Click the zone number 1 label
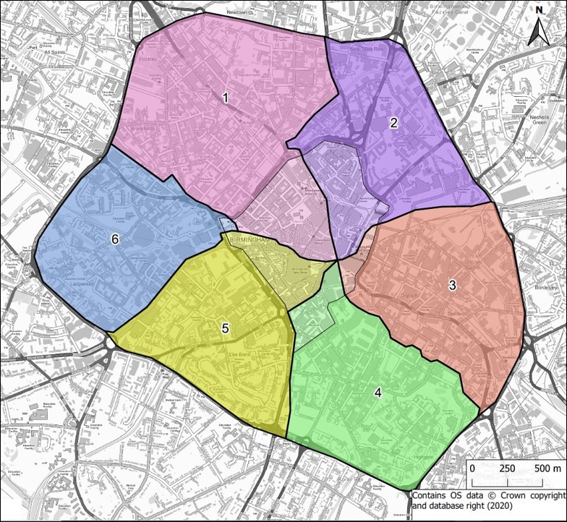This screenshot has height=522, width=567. (226, 97)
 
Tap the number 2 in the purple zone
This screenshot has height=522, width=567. (393, 122)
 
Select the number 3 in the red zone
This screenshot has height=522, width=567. (452, 285)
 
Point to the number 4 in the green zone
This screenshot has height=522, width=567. (377, 393)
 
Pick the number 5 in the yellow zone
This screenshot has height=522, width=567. (225, 328)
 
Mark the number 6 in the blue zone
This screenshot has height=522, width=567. (114, 240)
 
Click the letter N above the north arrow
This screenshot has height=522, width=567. (539, 10)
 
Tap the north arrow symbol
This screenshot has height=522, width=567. (539, 30)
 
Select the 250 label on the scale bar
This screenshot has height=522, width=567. (507, 468)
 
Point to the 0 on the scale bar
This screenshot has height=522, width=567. (472, 468)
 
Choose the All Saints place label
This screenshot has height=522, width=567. (53, 52)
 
